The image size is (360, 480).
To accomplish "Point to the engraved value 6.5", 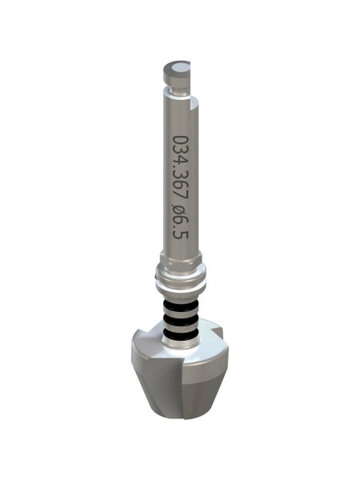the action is (x=181, y=227).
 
